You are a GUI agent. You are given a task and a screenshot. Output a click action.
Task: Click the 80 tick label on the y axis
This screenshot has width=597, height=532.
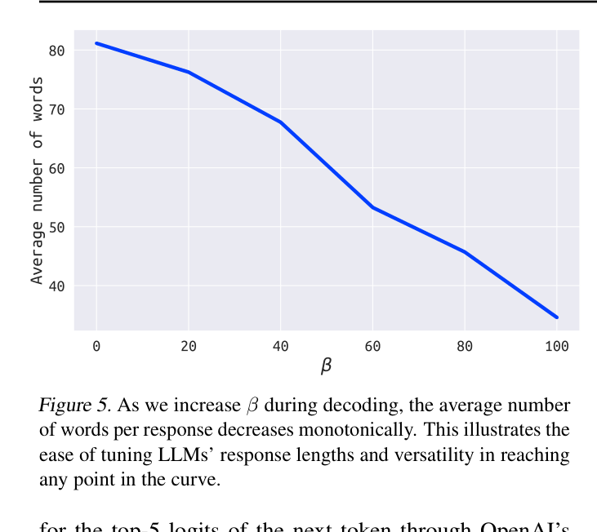tap(56, 51)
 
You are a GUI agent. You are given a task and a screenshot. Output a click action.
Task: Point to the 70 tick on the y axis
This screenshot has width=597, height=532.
tap(56, 109)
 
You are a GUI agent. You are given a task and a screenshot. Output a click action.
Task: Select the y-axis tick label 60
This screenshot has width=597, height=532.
tap(56, 168)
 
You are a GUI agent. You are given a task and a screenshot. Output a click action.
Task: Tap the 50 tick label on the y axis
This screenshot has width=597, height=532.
tap(56, 227)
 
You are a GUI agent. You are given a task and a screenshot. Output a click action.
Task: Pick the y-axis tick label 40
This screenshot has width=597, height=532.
tap(56, 286)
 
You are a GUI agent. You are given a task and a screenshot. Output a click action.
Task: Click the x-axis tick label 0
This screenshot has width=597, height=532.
tap(96, 346)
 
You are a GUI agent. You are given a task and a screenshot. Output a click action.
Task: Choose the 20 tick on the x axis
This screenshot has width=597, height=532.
tap(189, 346)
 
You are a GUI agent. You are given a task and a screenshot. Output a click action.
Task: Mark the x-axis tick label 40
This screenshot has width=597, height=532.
tap(281, 346)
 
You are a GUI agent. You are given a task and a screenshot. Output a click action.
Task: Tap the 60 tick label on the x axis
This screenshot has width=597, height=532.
tap(372, 346)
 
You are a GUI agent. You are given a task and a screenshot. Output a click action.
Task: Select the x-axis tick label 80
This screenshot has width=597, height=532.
tap(465, 346)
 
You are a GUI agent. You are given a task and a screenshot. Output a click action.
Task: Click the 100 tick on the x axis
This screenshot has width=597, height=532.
tap(557, 346)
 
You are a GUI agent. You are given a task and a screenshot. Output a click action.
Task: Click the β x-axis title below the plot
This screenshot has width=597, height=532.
tap(326, 366)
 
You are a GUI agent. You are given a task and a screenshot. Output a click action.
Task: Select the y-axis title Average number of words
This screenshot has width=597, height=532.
tap(37, 180)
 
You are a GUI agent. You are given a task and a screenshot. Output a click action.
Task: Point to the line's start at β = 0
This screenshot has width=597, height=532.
tap(96, 43)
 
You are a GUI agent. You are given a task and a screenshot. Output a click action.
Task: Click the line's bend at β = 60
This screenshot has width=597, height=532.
tap(372, 207)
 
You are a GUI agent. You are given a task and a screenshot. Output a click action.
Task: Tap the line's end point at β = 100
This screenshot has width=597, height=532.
tap(557, 317)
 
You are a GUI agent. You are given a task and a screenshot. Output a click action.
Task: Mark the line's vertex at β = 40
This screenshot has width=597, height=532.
tap(281, 122)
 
